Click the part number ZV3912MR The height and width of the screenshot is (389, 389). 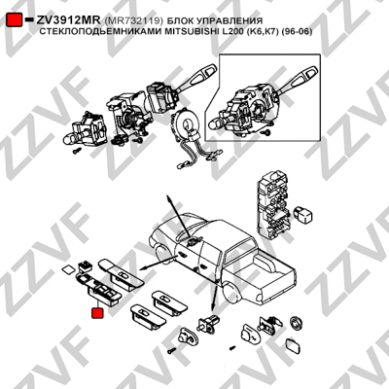[68, 20]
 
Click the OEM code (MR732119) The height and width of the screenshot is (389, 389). [134, 20]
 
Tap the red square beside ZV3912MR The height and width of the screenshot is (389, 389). [15, 19]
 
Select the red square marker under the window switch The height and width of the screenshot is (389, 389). [97, 313]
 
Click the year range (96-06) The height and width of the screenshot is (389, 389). [297, 32]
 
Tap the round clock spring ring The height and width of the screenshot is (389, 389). [189, 125]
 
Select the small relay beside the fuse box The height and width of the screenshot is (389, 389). [304, 213]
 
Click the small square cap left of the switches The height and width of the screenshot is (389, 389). [68, 269]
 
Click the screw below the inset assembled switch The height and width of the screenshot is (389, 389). [267, 132]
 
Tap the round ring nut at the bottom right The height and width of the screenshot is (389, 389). [296, 322]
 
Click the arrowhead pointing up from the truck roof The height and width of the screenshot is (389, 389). [168, 197]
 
